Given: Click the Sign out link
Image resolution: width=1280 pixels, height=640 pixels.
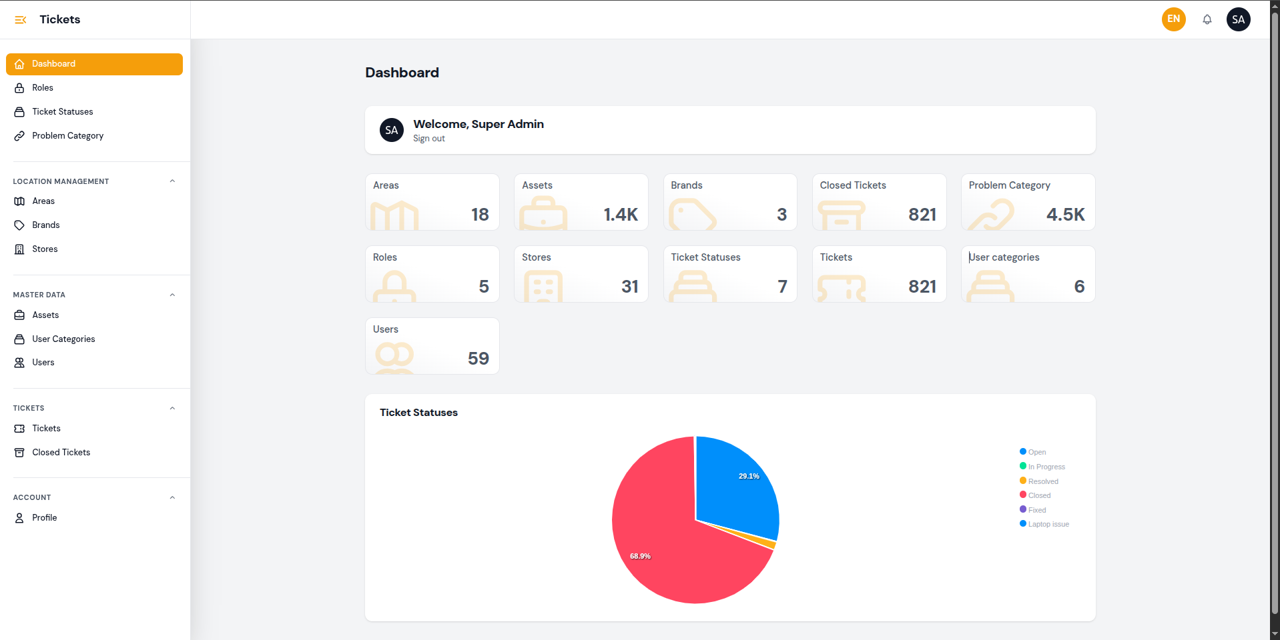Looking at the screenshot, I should coord(428,139).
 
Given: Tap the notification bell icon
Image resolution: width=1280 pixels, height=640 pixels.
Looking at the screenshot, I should coord(1207,19).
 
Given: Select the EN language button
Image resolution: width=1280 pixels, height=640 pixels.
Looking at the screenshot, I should coord(1173,19).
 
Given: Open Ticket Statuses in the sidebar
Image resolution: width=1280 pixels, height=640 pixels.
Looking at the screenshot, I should coord(62,112).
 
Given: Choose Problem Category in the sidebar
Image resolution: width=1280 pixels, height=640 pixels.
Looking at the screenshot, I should coord(67,136).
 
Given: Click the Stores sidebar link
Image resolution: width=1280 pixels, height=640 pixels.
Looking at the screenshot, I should coord(45,249).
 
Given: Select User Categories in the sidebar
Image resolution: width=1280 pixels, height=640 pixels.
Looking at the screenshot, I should coord(63,339).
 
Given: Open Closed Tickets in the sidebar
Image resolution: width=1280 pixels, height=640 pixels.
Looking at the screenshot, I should coord(61,453).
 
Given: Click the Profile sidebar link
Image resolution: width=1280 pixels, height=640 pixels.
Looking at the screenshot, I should coord(44,518).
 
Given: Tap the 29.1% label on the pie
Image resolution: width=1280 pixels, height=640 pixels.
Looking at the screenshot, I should coord(749,477).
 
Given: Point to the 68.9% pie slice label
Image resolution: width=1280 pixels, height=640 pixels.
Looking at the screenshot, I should coord(640,557).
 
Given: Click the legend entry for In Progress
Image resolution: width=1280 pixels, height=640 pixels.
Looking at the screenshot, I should coord(1046,467).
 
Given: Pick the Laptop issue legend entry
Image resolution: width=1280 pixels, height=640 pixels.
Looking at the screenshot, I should coord(1048,524).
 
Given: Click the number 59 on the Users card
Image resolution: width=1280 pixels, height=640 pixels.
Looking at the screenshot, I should coord(478,359).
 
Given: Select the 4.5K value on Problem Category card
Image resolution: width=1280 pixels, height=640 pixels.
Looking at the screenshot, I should coord(1065,215).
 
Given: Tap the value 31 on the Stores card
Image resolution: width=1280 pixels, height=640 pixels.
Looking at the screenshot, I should coord(629,287).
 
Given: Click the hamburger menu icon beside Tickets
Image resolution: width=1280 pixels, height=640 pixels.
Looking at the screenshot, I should coord(21,20).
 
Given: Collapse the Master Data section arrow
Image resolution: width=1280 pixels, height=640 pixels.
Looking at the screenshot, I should coord(172,295).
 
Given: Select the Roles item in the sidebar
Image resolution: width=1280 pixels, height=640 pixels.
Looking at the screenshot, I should coord(43,88).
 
